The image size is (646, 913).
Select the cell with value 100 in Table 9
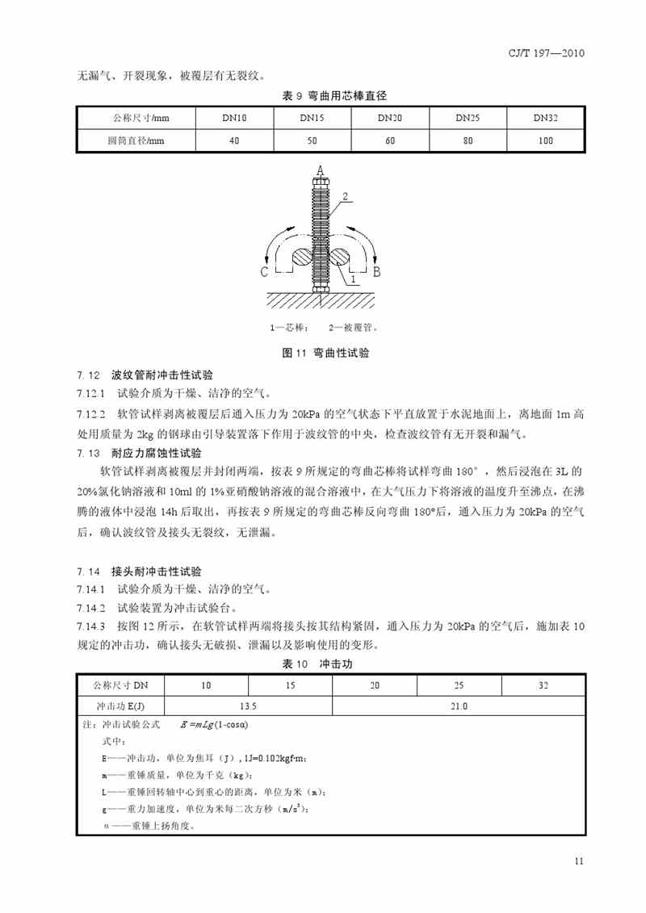(x=546, y=140)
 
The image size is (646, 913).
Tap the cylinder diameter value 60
(x=390, y=140)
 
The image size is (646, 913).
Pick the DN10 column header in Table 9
(x=235, y=118)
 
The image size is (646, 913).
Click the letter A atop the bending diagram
(x=320, y=170)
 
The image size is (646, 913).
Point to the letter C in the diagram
(x=264, y=273)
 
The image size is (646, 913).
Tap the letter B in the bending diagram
(x=376, y=273)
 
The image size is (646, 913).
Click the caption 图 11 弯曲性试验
(x=322, y=353)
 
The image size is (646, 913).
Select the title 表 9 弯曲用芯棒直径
(x=322, y=95)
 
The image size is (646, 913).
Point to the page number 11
(x=579, y=861)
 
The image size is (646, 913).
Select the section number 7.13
(x=87, y=452)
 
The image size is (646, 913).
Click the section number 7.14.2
(x=91, y=607)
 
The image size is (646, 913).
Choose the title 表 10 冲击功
(x=322, y=664)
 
